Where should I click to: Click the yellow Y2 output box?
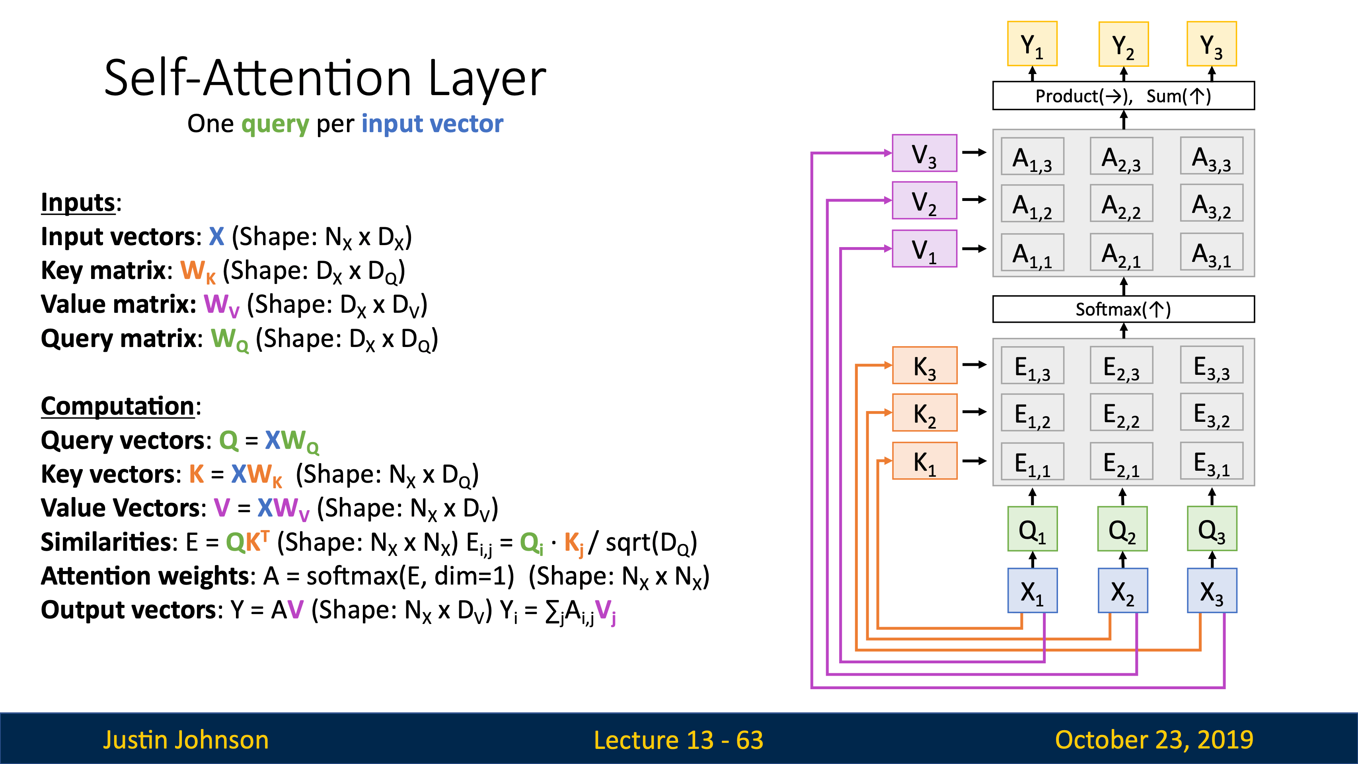pos(1123,44)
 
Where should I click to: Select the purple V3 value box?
pos(924,153)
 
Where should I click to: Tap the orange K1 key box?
pos(924,460)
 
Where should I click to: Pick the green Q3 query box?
pos(1212,529)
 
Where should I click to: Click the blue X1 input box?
pos(1032,591)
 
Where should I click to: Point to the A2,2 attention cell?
pos(1121,203)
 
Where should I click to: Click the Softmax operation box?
pos(1123,309)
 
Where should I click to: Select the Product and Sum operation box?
pos(1123,95)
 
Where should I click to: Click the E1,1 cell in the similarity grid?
pos(1032,462)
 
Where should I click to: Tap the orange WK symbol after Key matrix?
pos(198,271)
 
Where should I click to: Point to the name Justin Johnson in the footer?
pos(186,740)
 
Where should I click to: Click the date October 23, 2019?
pos(1154,740)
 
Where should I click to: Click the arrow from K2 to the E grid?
pos(974,412)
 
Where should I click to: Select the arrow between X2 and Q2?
pos(1123,559)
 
